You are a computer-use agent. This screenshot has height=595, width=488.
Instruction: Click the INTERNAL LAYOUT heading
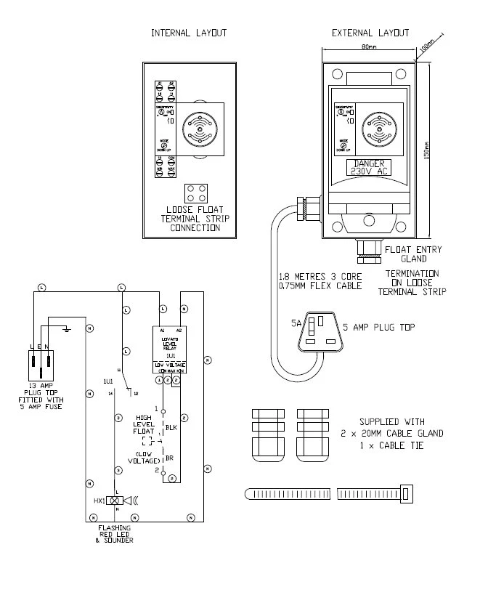(x=189, y=33)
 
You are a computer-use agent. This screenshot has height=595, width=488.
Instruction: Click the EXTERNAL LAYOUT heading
(x=370, y=33)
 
